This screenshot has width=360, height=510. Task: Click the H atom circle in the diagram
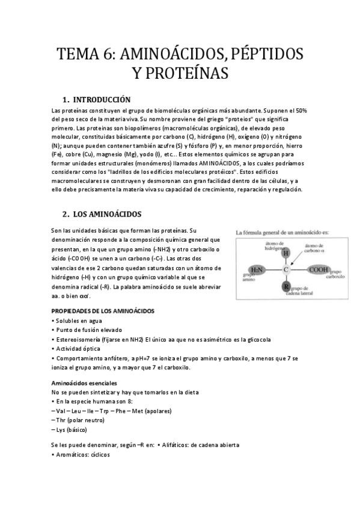tap(286, 253)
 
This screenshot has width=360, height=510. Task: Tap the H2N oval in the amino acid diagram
tap(257, 269)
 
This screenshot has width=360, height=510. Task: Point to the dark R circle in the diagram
tap(286, 286)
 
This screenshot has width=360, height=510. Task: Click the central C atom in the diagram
tap(286, 269)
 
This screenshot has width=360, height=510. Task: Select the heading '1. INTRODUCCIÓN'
tap(96, 99)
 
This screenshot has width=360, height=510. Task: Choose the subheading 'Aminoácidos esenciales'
tap(84, 383)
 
